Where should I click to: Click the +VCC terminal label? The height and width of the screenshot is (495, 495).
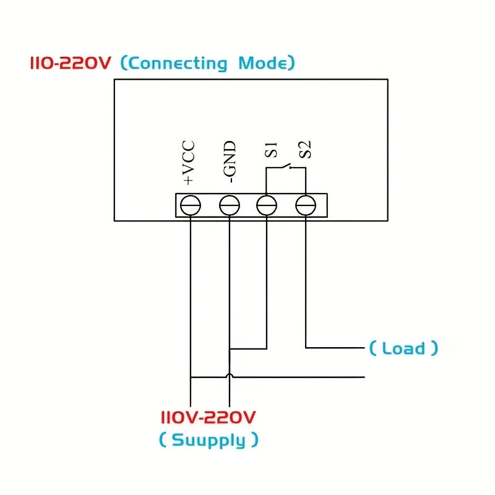coord(189,163)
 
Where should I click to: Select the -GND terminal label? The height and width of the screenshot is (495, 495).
coord(230,162)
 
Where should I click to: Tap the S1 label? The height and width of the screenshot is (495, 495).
coord(270,151)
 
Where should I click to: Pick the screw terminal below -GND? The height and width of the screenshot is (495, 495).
coord(230,205)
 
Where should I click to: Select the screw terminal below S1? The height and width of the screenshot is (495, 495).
coord(266,205)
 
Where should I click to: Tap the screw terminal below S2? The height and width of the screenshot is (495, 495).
coord(306,205)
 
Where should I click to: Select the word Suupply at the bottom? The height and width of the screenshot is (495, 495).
coord(209,441)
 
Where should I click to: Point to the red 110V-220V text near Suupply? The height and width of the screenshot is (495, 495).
coord(208,417)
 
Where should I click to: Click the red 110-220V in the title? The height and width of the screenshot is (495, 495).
coord(71,63)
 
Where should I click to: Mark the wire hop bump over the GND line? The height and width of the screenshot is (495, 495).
coord(230,375)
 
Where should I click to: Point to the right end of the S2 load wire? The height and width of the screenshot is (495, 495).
coord(363,348)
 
